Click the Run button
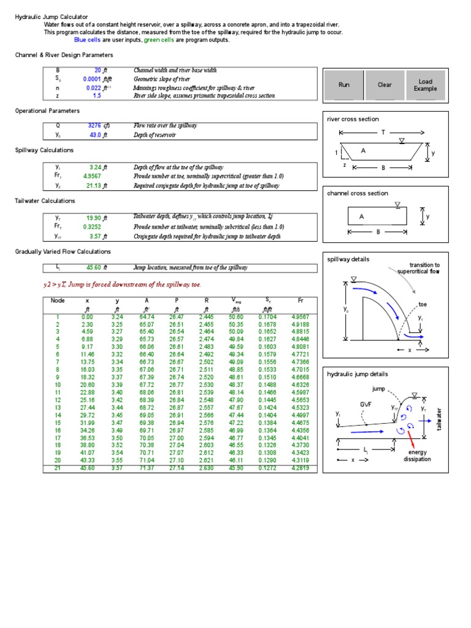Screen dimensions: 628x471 (x=343, y=85)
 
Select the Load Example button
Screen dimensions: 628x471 (x=425, y=85)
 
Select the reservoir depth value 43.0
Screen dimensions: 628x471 (x=94, y=135)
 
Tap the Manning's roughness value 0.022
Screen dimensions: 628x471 (x=93, y=88)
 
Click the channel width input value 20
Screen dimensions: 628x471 (x=98, y=71)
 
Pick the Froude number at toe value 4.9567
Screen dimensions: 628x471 (x=92, y=176)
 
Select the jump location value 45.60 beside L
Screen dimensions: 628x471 (x=94, y=268)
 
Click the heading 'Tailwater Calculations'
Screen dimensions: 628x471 (x=45, y=201)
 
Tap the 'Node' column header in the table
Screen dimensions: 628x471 (x=58, y=301)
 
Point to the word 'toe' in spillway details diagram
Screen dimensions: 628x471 (x=423, y=304)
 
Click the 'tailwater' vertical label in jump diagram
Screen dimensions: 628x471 (x=439, y=418)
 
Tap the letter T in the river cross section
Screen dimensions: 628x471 (x=383, y=132)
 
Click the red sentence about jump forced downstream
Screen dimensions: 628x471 (x=122, y=285)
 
